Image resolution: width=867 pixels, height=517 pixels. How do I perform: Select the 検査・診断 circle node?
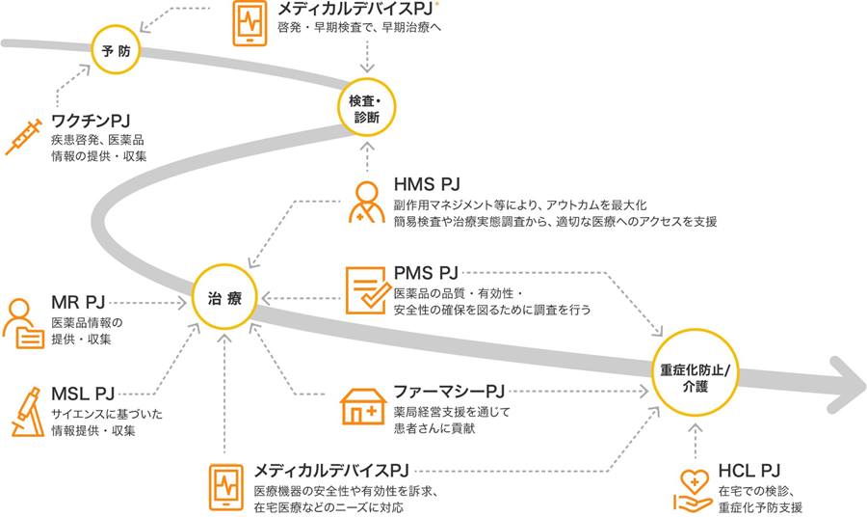pos(366,109)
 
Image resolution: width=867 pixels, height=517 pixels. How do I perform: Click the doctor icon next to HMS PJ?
pos(365,201)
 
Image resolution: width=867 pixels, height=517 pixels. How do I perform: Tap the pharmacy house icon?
pos(363,405)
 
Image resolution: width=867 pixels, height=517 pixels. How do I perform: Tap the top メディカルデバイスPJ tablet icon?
pos(250,23)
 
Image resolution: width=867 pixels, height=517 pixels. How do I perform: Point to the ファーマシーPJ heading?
pos(449,391)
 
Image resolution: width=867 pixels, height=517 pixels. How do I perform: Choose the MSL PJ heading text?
pos(83,393)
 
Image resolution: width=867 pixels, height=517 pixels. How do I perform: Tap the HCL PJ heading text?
pos(749,470)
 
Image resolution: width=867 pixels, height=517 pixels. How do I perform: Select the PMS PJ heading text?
pos(428,273)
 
